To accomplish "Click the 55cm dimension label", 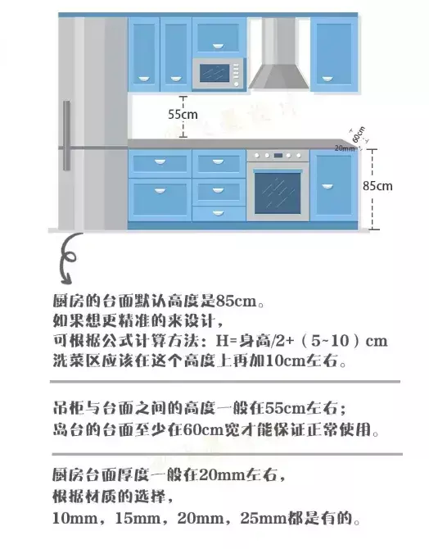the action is [183, 114].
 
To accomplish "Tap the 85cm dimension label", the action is [377, 185].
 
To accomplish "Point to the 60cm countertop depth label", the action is [359, 134].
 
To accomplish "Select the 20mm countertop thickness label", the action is [345, 148].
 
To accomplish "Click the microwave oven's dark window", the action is [214, 73].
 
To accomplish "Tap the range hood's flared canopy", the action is [279, 77].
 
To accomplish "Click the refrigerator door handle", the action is [66, 135].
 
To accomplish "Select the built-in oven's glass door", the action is [278, 193].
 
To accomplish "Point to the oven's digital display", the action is [278, 155].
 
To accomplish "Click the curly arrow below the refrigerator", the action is [68, 257].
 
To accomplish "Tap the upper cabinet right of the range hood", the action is [334, 55].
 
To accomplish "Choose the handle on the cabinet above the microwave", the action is [218, 46].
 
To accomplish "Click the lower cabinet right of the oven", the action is [334, 185].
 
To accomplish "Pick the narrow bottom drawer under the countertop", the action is [219, 214].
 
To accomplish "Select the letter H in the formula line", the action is [222, 341].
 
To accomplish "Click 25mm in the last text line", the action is [264, 519].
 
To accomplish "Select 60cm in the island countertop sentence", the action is [203, 429].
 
